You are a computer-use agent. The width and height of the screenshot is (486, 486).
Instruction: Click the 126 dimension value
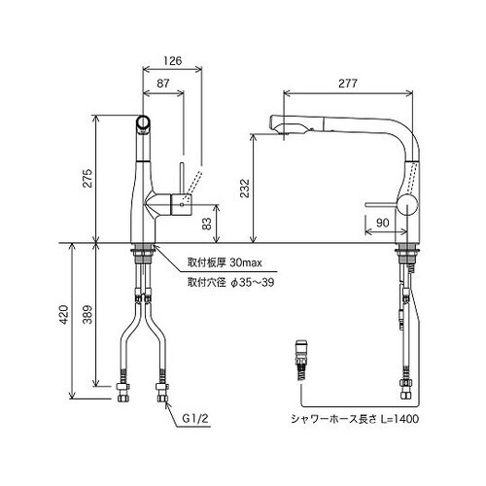(x=171, y=60)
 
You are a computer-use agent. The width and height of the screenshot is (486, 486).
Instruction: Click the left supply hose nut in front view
(x=121, y=395)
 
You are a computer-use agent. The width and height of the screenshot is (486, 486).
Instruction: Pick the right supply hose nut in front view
(x=159, y=395)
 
